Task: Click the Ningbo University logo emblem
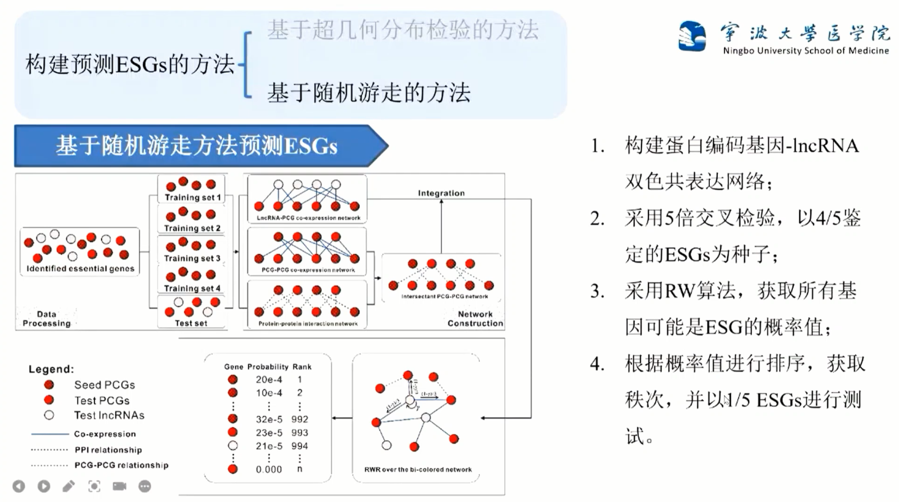(x=692, y=36)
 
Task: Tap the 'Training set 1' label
(x=192, y=197)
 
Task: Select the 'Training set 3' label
(x=192, y=258)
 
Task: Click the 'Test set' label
(x=191, y=323)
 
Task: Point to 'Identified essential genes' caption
(x=80, y=268)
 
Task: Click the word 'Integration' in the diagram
(x=441, y=193)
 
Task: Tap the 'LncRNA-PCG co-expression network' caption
(x=308, y=218)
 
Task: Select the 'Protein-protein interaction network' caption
(x=307, y=324)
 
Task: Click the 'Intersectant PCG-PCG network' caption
(x=444, y=297)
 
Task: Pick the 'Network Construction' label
(x=475, y=319)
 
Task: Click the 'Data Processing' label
(x=47, y=319)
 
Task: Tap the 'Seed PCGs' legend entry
(x=104, y=385)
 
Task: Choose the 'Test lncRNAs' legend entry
(x=109, y=415)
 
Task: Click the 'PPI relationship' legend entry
(x=108, y=450)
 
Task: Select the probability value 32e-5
(x=269, y=419)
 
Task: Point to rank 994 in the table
(x=299, y=446)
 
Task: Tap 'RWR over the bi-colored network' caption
(x=418, y=469)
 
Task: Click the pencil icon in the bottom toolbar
(x=69, y=486)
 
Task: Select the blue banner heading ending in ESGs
(x=197, y=146)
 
